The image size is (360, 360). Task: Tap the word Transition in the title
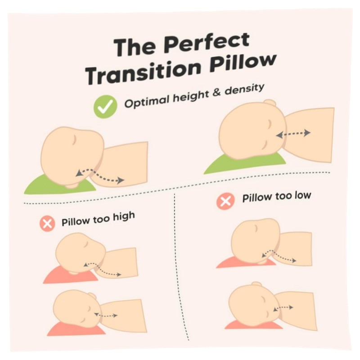(x=142, y=72)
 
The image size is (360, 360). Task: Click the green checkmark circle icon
(x=105, y=107)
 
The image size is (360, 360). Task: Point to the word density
(x=244, y=89)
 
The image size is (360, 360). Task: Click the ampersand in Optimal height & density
(x=216, y=93)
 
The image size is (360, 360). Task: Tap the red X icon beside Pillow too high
(x=47, y=224)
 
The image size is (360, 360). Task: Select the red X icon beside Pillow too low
(x=225, y=201)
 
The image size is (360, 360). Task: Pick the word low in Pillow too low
(x=303, y=196)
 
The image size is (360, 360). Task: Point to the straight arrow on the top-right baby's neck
(x=293, y=134)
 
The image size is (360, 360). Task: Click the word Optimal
(x=147, y=101)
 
